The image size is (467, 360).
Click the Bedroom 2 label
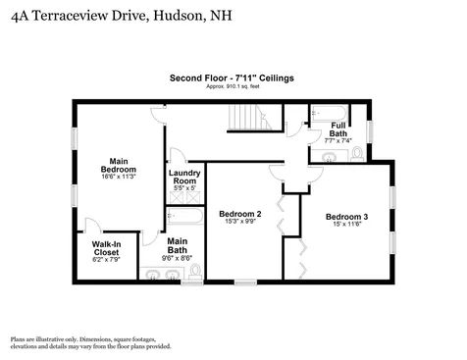click(240, 214)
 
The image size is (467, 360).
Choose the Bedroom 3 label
click(347, 217)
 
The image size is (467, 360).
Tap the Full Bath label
click(337, 129)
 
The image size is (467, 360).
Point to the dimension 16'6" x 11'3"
click(119, 177)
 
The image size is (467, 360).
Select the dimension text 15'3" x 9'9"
click(240, 223)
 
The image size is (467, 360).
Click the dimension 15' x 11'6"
click(347, 226)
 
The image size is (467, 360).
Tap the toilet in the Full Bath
click(356, 154)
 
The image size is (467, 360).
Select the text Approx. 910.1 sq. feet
click(232, 86)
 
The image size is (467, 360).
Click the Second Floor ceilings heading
click(232, 77)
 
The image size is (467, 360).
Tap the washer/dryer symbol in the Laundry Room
click(185, 194)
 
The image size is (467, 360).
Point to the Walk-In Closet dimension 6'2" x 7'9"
click(106, 260)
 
